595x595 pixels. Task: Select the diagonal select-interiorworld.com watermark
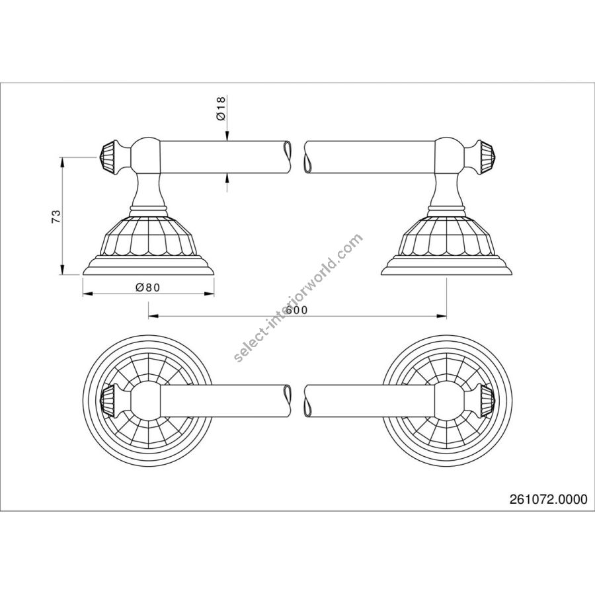coord(299,298)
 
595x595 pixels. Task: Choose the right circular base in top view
coord(447,401)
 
